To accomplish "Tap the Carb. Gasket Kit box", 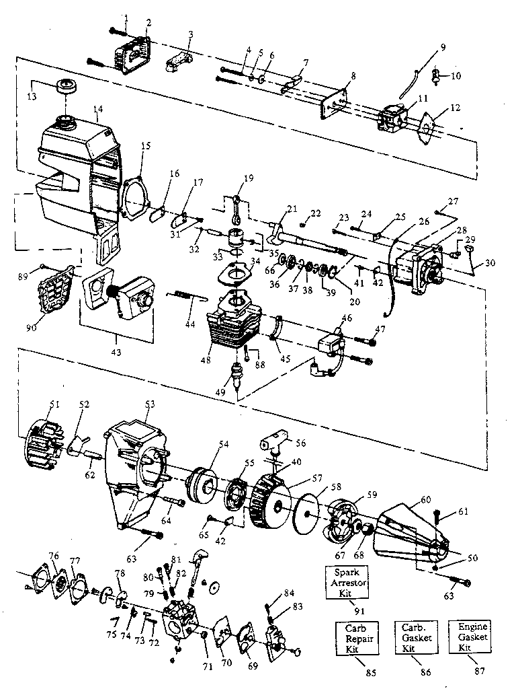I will click(x=413, y=637).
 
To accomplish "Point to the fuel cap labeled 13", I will click(x=67, y=87).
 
